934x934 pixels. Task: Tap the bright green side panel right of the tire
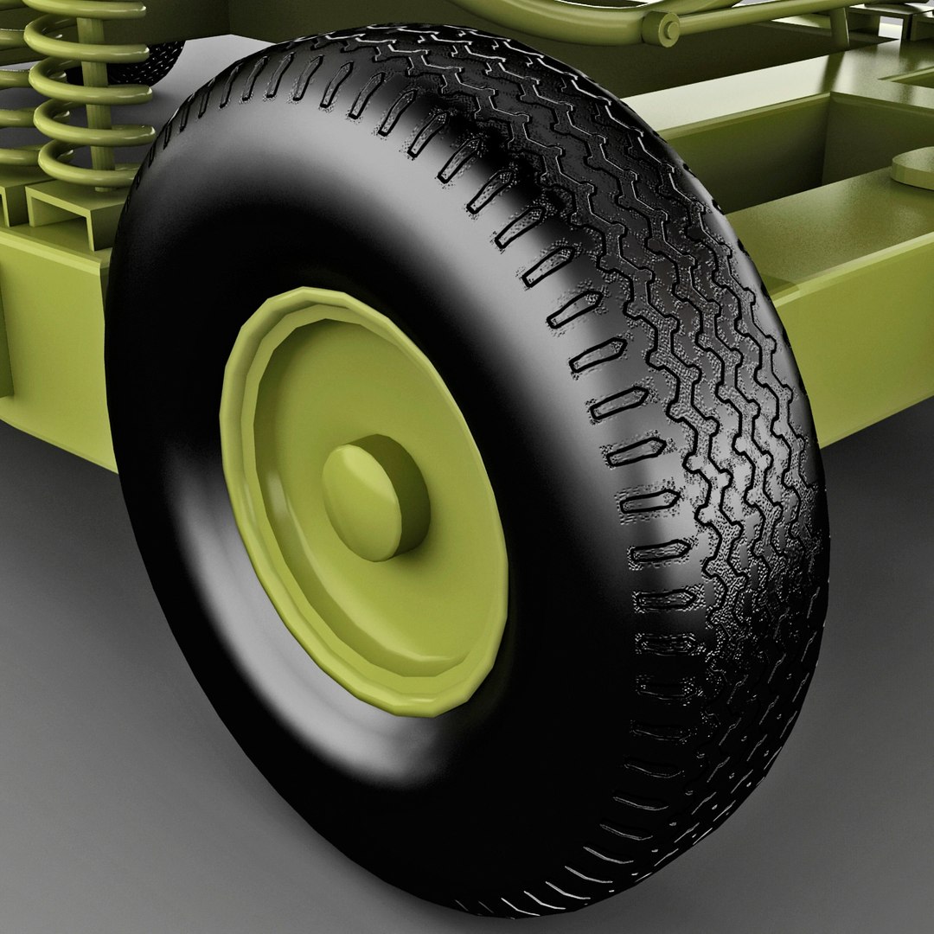tap(865, 346)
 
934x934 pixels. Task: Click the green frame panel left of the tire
tap(52, 346)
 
